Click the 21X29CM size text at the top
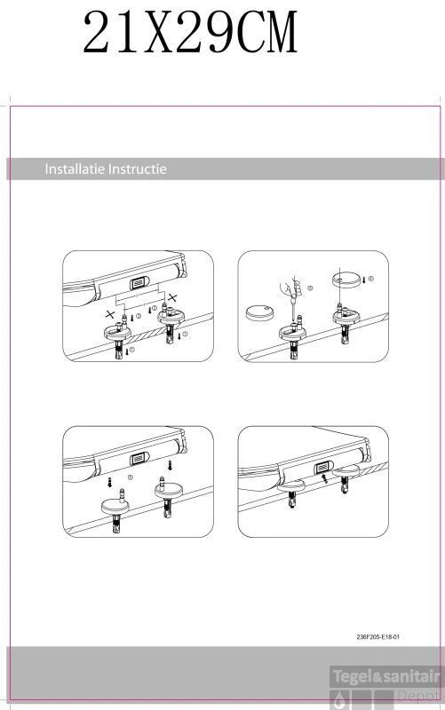point(189,35)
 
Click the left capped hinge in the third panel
point(115,506)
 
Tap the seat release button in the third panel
point(139,458)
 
